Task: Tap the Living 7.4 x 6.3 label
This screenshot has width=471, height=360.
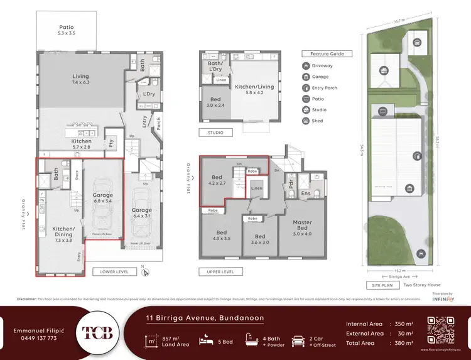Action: tap(80, 80)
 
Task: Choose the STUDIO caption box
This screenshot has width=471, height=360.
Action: tap(215, 133)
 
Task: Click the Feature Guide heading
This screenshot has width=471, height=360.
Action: tap(327, 54)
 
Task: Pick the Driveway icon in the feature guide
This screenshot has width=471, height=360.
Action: tap(305, 66)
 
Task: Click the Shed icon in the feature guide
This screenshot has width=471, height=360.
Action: tap(305, 121)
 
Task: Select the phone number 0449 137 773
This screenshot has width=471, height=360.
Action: tap(35, 338)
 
